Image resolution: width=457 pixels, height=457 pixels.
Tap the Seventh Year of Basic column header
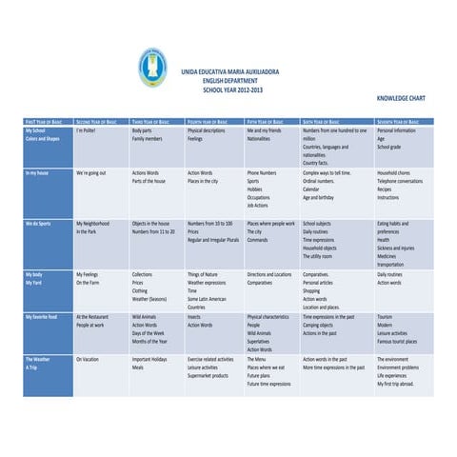pyautogui.click(x=404, y=122)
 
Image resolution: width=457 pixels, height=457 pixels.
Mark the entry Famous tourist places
pyautogui.click(x=402, y=338)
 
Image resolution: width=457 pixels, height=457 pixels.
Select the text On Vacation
pyautogui.click(x=89, y=359)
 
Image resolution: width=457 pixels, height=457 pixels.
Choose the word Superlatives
pyautogui.click(x=260, y=341)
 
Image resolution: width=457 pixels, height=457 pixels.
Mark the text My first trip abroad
pyautogui.click(x=396, y=383)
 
